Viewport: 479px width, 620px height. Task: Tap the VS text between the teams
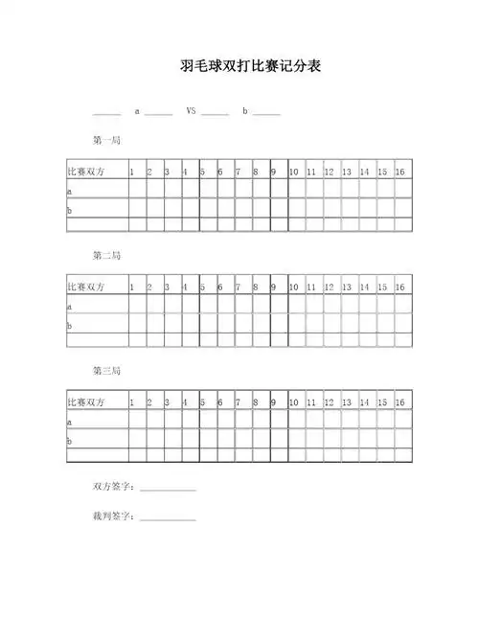191,111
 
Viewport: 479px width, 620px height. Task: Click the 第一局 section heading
105,141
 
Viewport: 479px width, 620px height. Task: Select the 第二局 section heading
105,256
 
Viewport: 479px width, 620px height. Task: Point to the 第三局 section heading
105,371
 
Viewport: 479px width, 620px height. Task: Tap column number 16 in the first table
399,172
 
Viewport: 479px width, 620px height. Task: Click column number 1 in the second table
132,287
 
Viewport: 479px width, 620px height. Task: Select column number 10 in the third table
294,402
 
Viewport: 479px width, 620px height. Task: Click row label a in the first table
69,191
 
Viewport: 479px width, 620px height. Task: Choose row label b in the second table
69,326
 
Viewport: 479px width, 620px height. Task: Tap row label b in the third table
69,441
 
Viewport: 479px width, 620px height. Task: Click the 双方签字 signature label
114,488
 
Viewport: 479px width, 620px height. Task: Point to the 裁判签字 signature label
114,517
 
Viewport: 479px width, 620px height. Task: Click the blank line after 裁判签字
168,519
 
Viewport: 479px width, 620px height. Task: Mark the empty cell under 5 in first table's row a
205,191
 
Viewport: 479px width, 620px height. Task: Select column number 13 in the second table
346,287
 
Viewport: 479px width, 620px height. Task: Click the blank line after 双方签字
168,491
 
